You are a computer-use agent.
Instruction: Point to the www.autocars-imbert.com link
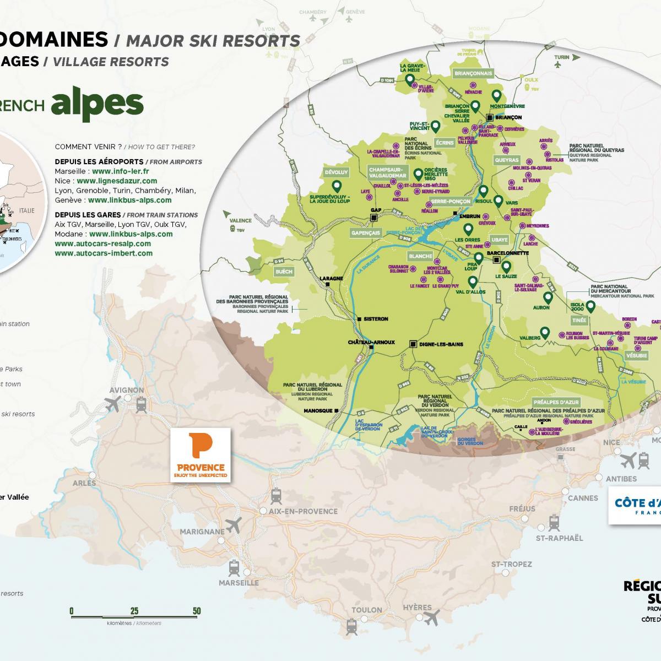(104, 253)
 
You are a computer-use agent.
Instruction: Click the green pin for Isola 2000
(590, 306)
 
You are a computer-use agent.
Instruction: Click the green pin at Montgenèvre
(496, 95)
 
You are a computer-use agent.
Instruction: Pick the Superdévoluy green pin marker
(336, 186)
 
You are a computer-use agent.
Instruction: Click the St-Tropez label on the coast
(512, 564)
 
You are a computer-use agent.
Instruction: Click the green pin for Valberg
(544, 332)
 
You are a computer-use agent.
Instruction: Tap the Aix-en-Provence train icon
(276, 496)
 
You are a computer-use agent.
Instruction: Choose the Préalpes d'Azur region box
(556, 402)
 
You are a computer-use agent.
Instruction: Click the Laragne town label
(332, 278)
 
